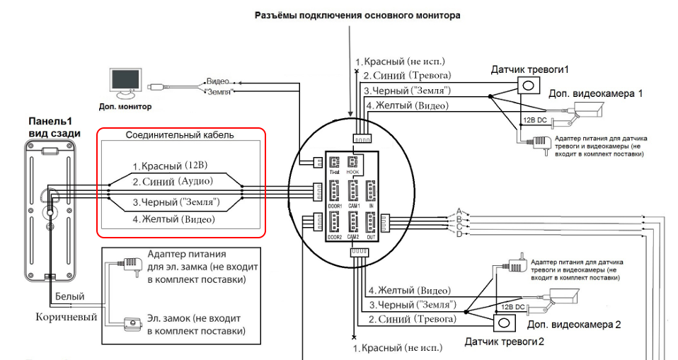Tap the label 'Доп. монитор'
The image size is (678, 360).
126,107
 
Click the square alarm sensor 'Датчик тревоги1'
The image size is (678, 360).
528,85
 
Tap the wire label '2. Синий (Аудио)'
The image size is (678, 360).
173,182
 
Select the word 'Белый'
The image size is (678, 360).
69,297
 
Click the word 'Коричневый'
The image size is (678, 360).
67,317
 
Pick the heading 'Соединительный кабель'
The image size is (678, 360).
179,134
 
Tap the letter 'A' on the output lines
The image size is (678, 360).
459,211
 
